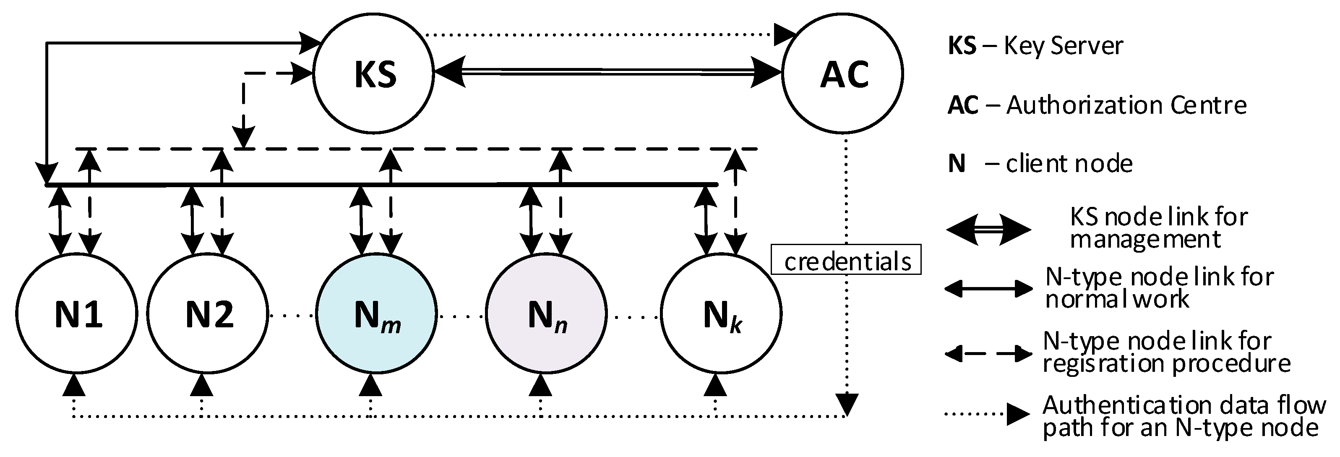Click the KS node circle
click(x=373, y=73)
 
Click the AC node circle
click(x=843, y=73)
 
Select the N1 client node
click(x=77, y=314)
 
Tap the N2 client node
click(x=208, y=314)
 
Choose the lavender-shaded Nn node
click(x=546, y=314)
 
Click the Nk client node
click(x=721, y=314)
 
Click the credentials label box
click(x=846, y=259)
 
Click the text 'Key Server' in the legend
click(x=1062, y=46)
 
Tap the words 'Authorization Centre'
click(x=1126, y=106)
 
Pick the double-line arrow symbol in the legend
click(x=987, y=229)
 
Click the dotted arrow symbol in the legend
click(x=987, y=414)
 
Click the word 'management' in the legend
click(x=1144, y=240)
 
